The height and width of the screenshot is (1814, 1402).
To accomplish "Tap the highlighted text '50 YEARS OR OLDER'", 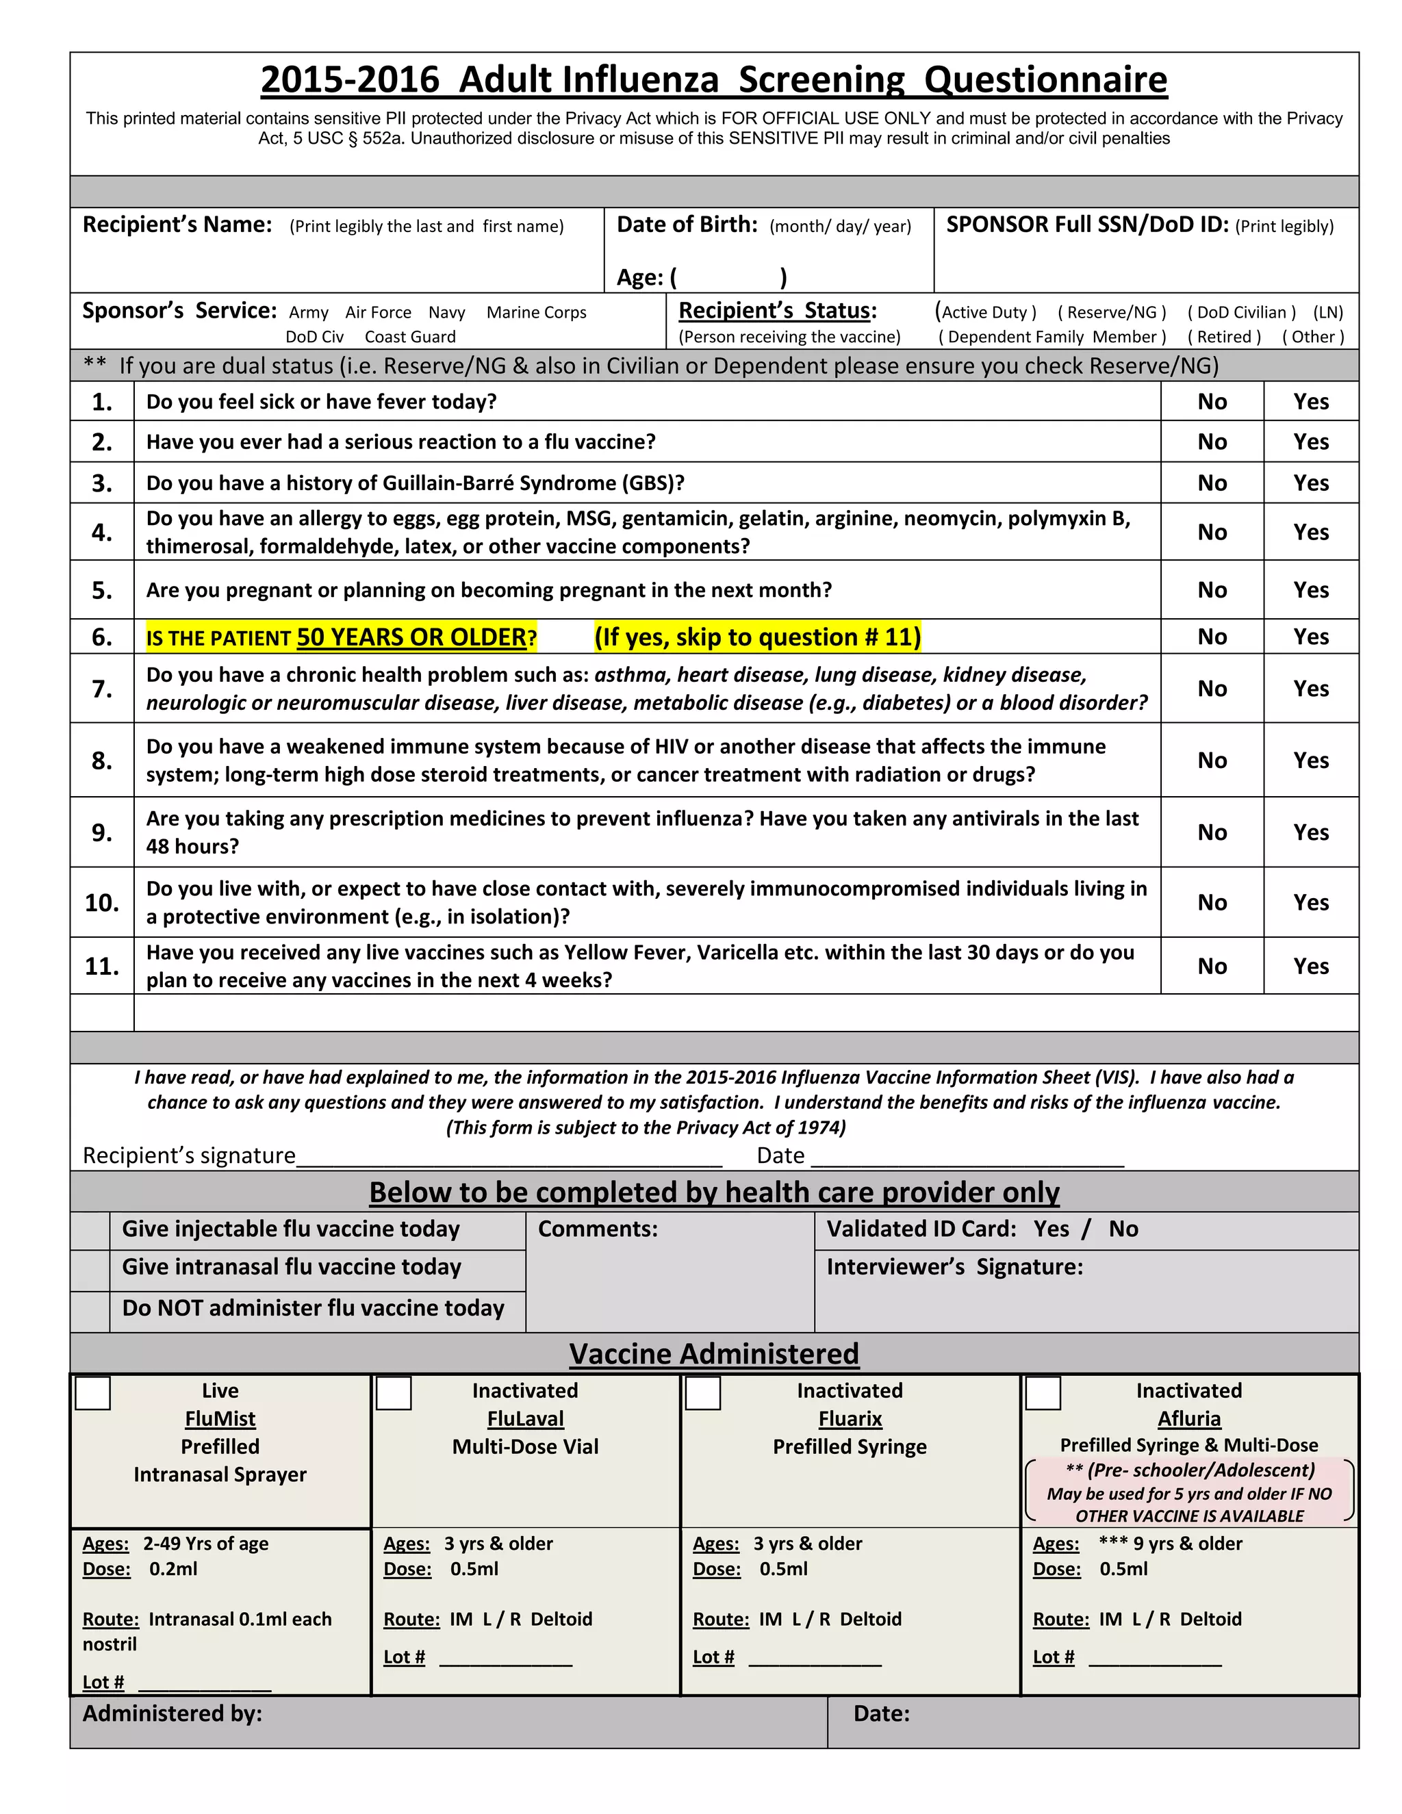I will [x=411, y=637].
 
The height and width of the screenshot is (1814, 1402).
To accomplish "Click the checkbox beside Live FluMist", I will [x=92, y=1393].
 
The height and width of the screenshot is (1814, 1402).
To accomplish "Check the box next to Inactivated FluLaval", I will [x=394, y=1393].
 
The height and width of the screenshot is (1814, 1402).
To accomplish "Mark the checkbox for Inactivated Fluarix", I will [x=702, y=1393].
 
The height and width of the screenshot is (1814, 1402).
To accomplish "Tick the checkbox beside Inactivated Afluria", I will [x=1043, y=1393].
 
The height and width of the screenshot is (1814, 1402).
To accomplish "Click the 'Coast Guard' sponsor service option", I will [x=409, y=336].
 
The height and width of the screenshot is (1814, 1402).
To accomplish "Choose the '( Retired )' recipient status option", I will [x=1223, y=336].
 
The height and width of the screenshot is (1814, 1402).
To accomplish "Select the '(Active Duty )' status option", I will [x=986, y=312].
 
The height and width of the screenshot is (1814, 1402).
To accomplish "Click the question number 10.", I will [x=101, y=903].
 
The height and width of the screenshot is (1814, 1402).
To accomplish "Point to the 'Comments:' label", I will [x=597, y=1229].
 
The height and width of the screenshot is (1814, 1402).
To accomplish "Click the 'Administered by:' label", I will [x=172, y=1713].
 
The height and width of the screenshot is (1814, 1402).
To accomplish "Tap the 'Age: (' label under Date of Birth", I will [x=646, y=277].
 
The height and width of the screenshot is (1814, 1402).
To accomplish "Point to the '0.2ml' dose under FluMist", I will [x=173, y=1569].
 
